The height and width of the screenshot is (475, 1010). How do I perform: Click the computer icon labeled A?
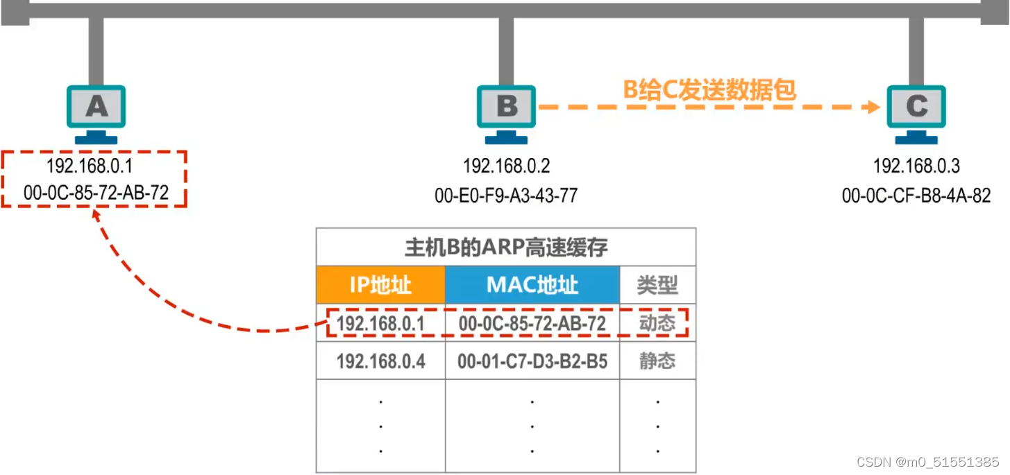click(96, 111)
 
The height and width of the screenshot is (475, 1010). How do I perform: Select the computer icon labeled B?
click(506, 111)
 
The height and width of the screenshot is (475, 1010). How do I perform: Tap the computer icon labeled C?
click(916, 111)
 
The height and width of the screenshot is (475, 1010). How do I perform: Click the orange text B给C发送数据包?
click(707, 90)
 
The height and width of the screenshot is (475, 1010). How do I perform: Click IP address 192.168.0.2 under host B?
click(506, 166)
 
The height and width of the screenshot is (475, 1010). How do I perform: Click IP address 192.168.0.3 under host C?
click(916, 166)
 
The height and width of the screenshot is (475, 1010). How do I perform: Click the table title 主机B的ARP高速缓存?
click(506, 248)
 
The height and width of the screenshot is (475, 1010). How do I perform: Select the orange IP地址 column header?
click(380, 285)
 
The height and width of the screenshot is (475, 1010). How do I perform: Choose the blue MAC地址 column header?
click(532, 285)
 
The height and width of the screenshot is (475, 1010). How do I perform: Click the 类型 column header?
click(657, 285)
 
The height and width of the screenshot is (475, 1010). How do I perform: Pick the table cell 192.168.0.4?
click(380, 361)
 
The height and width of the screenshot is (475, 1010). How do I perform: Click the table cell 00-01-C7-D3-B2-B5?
click(532, 361)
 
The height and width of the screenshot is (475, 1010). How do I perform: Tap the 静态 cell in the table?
click(657, 361)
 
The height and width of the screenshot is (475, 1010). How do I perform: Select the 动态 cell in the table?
click(657, 323)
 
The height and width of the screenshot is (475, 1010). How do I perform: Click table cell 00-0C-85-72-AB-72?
click(532, 323)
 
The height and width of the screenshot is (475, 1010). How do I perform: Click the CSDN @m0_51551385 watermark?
click(927, 462)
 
